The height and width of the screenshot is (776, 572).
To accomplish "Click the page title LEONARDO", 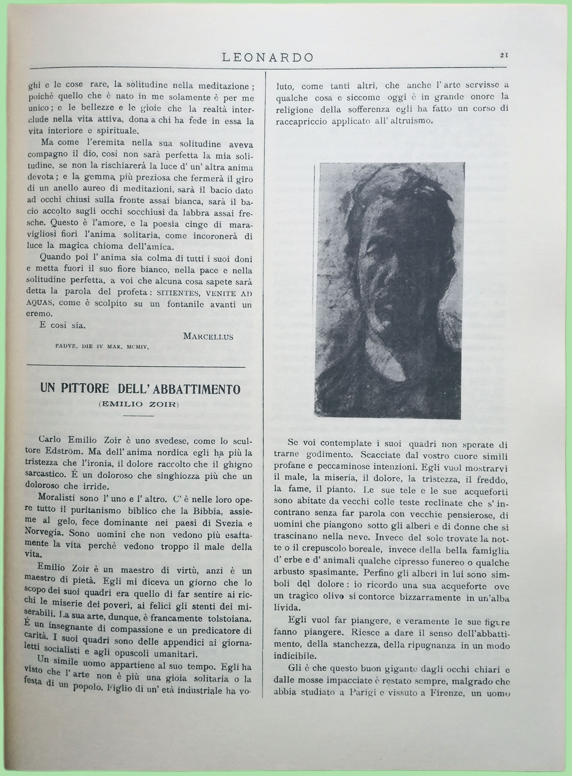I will pyautogui.click(x=268, y=57).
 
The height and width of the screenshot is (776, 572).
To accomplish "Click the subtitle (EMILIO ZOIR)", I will pyautogui.click(x=138, y=404).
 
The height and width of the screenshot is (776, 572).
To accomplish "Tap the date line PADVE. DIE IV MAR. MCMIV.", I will pyautogui.click(x=102, y=346).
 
